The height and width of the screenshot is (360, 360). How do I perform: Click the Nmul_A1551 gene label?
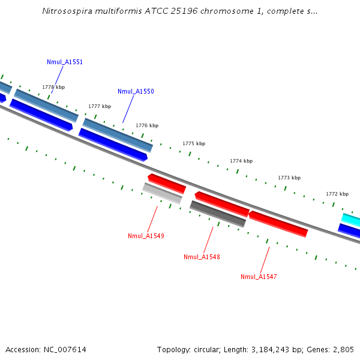pyautogui.click(x=65, y=62)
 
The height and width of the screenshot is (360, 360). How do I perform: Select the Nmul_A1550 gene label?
pyautogui.click(x=136, y=91)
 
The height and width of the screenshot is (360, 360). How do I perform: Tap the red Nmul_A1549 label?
pyautogui.click(x=146, y=236)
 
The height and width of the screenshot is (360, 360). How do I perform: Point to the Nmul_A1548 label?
pyautogui.click(x=202, y=257)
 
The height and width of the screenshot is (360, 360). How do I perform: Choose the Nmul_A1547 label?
pyautogui.click(x=259, y=277)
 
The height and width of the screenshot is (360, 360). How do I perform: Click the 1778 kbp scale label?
pyautogui.click(x=53, y=87)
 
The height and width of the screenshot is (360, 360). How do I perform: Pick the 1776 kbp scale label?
pyautogui.click(x=147, y=125)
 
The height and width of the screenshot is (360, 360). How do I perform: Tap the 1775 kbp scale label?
pyautogui.click(x=194, y=143)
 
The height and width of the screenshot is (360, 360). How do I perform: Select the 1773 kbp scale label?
pyautogui.click(x=289, y=178)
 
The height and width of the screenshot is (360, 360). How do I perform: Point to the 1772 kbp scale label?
pyautogui.click(x=337, y=194)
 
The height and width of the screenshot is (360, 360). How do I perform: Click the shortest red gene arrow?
pyautogui.click(x=166, y=182)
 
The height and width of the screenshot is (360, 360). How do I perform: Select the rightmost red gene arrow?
pyautogui.click(x=278, y=223)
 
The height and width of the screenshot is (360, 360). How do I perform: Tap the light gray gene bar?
pyautogui.click(x=162, y=193)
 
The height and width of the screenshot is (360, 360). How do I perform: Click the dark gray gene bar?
pyautogui.click(x=218, y=214)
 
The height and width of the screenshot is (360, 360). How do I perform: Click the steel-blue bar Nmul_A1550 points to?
pyautogui.click(x=118, y=134)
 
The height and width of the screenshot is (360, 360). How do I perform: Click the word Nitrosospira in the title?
pyautogui.click(x=67, y=11)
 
